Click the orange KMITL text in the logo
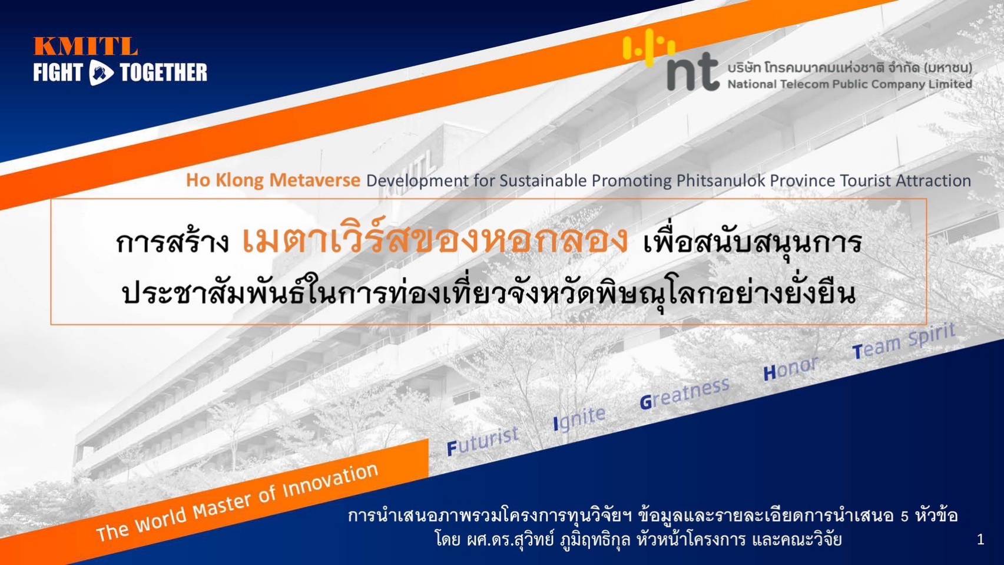85,46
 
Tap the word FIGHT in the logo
58,72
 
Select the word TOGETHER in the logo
164,72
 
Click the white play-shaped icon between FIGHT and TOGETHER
101,72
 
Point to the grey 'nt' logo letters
693,72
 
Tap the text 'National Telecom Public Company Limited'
849,84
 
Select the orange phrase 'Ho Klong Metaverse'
273,180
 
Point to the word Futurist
483,441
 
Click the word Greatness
684,393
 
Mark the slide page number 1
980,540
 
